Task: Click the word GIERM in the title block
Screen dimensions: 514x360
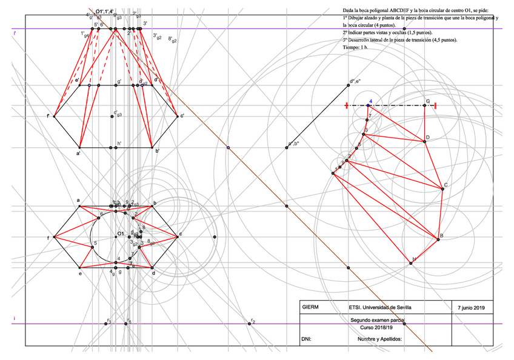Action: tap(310, 307)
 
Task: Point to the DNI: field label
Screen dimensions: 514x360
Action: tap(306, 339)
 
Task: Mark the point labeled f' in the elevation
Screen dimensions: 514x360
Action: tap(55, 116)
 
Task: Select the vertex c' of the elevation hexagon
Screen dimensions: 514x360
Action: tap(177, 116)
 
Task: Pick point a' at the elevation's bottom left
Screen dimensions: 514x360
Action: tap(79, 147)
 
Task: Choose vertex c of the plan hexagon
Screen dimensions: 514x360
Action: tap(177, 236)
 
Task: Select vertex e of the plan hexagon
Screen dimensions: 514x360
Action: tap(79, 267)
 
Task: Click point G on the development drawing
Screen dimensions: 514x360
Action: tap(424, 105)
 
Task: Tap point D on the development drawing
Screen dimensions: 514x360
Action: tap(424, 142)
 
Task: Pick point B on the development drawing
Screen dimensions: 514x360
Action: tap(438, 240)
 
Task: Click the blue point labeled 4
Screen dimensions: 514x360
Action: tap(368, 105)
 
